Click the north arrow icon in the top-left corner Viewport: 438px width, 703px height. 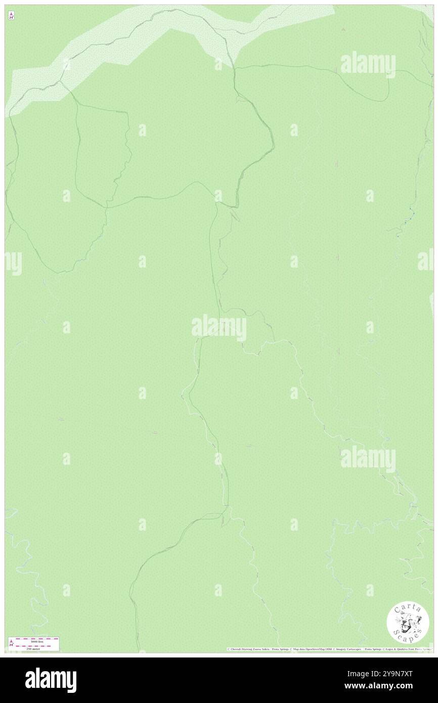[11, 15]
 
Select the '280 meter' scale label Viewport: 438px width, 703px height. [34, 648]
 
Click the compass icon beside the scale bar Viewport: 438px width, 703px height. [11, 643]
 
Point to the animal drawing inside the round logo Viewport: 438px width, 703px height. [408, 622]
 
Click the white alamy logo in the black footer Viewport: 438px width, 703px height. [51, 680]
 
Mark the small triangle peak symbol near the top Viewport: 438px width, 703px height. [343, 29]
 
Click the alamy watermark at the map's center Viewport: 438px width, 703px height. [218, 328]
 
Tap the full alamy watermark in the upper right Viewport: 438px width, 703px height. [368, 64]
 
